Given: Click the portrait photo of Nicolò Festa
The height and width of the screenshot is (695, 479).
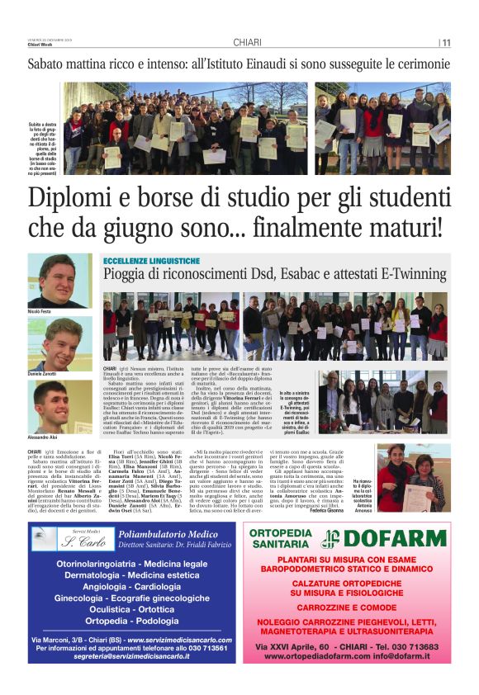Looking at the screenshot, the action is pyautogui.click(x=59, y=281).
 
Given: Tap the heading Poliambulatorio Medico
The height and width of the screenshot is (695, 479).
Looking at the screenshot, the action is pyautogui.click(x=168, y=534).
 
